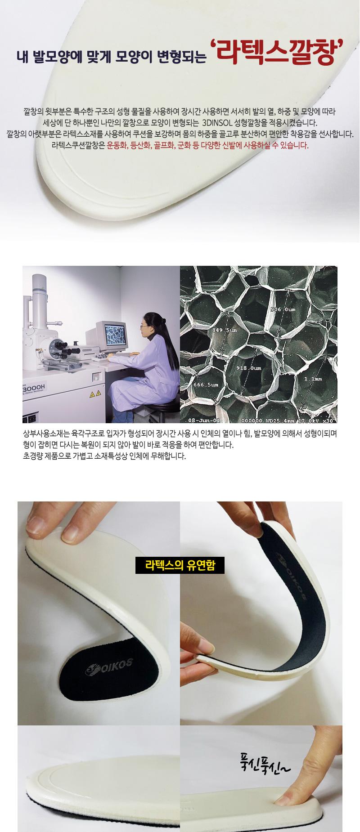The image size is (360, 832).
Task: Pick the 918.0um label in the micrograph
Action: [x=248, y=368]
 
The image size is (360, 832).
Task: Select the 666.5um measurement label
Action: [x=206, y=385]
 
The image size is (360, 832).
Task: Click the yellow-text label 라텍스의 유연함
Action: [x=180, y=565]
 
